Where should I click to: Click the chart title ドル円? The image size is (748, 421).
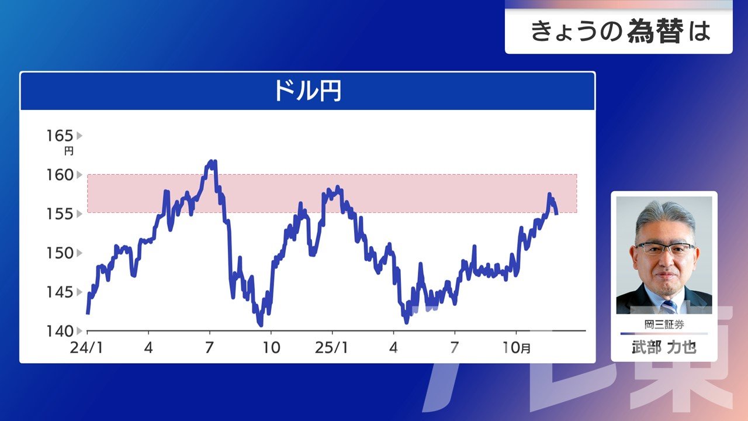tap(307, 91)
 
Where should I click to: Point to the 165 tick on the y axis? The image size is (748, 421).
tap(60, 136)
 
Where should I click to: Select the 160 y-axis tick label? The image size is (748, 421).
tap(60, 175)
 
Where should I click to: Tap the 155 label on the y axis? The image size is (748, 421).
tap(60, 214)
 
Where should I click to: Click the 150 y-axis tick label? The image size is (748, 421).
tap(60, 253)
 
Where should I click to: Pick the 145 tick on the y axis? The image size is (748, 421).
tap(60, 292)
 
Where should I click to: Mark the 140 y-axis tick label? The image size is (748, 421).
tap(60, 331)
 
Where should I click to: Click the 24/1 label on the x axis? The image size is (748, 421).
tap(86, 348)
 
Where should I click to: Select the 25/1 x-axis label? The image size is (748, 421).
tap(331, 348)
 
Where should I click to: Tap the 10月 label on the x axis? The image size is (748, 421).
tap(516, 348)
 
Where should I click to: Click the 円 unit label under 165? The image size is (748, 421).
tap(69, 151)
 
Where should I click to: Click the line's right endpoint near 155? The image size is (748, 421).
tap(557, 214)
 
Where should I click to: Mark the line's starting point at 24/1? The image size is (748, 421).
tap(88, 313)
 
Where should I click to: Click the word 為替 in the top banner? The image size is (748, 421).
tap(655, 32)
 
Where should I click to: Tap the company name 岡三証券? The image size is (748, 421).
tap(664, 325)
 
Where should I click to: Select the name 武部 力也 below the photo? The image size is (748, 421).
tap(664, 347)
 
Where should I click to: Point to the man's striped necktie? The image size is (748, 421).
tap(669, 306)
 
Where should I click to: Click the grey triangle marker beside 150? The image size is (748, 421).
tap(79, 253)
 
